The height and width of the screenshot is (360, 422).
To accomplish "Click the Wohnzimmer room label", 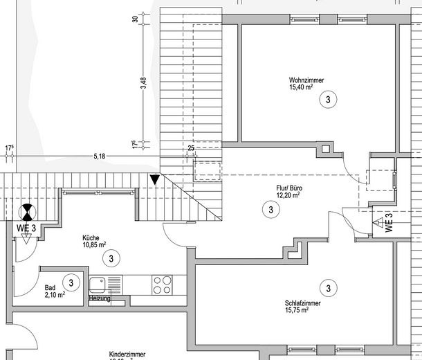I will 307,80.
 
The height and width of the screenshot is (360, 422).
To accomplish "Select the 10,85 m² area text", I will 95,244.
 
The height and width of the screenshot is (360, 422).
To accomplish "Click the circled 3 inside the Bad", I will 71,282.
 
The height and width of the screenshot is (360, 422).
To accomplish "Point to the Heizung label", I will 99,298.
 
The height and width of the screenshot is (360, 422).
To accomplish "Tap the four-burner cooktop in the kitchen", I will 162,284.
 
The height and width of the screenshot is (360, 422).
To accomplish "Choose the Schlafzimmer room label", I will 303,303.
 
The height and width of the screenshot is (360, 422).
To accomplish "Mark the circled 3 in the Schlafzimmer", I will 327,287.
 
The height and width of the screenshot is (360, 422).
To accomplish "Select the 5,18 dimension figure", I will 100,156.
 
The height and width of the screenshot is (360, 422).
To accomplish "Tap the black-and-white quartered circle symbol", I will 27,211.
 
